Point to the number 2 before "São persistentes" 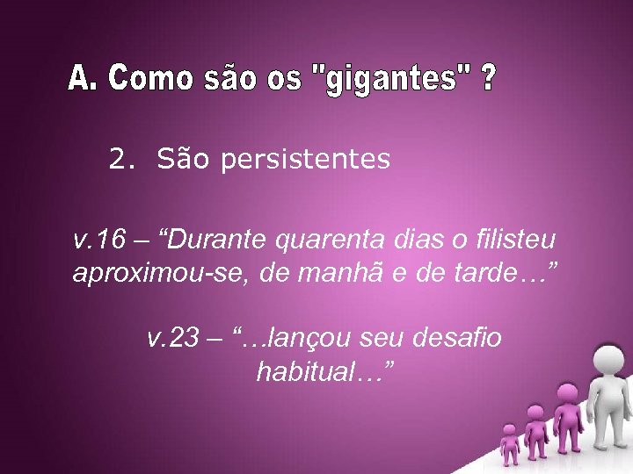tap(118, 159)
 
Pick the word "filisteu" tap(519, 239)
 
